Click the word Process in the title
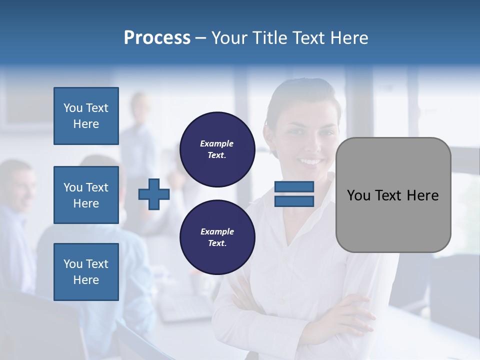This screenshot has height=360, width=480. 157,38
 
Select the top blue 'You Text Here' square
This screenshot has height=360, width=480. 86,116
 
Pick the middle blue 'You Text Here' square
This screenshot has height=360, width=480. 86,195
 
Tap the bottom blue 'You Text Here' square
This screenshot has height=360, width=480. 86,271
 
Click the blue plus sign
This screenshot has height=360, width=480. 154,194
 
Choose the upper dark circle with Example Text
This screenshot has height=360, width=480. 217,149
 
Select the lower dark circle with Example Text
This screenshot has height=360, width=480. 217,237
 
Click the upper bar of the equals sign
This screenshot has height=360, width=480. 294,187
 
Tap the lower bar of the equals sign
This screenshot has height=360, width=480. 294,201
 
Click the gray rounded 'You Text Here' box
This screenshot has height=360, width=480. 393,194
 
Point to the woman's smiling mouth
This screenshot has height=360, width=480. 310,161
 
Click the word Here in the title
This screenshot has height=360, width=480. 348,38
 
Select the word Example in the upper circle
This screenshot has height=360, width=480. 216,143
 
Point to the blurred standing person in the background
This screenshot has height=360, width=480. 139,135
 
